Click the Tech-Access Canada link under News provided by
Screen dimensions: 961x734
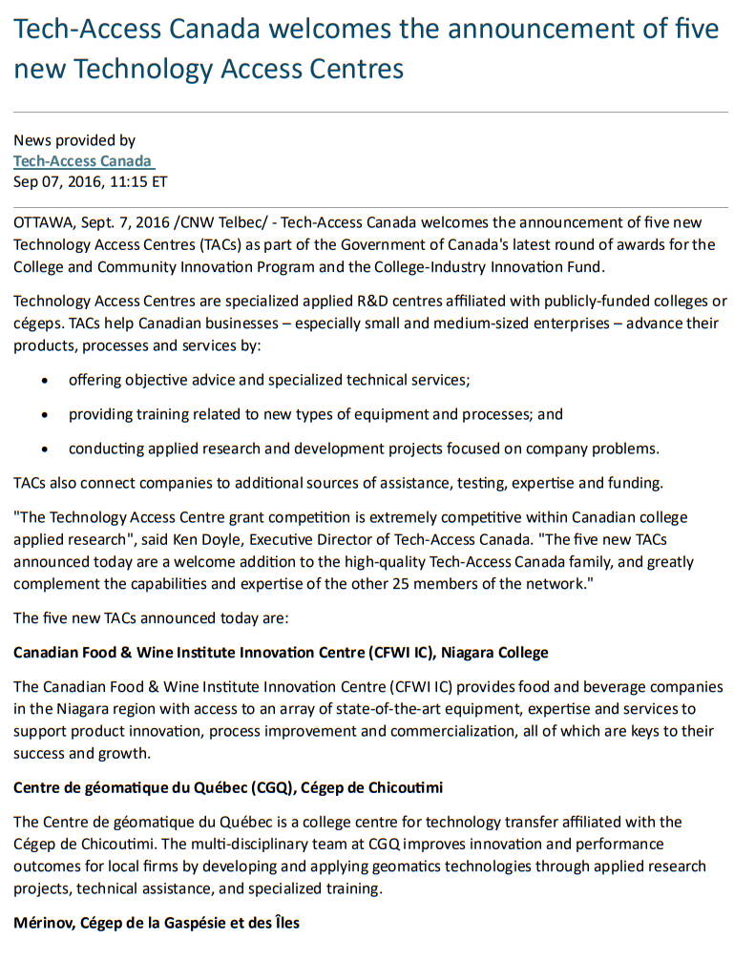tap(82, 160)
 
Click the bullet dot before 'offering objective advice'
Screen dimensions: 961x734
tap(46, 380)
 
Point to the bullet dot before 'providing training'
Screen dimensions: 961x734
tap(46, 414)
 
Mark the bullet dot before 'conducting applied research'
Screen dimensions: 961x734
tap(46, 449)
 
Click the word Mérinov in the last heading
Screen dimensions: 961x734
tap(44, 923)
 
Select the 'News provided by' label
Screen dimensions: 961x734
tap(74, 140)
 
